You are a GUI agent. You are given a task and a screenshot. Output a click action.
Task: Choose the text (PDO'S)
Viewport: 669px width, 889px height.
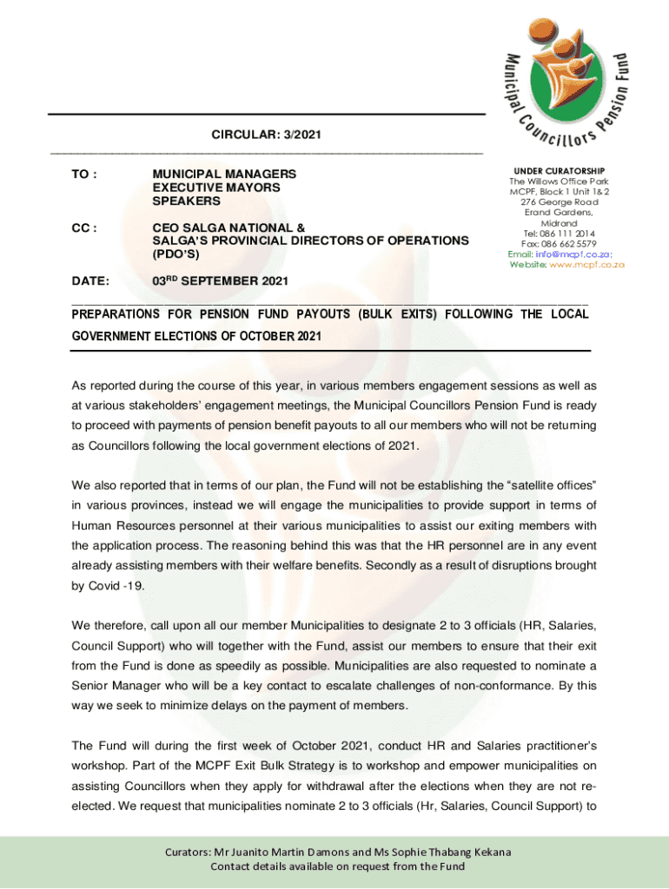pos(176,254)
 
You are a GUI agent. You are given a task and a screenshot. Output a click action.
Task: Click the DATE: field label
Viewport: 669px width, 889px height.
pos(90,281)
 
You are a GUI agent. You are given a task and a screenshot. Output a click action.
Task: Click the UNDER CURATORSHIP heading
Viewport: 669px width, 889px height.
pos(560,171)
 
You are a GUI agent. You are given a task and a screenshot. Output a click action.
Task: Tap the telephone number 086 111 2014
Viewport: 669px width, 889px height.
pos(571,234)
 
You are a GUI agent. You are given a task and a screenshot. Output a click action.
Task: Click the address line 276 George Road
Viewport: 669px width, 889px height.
pos(560,202)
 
